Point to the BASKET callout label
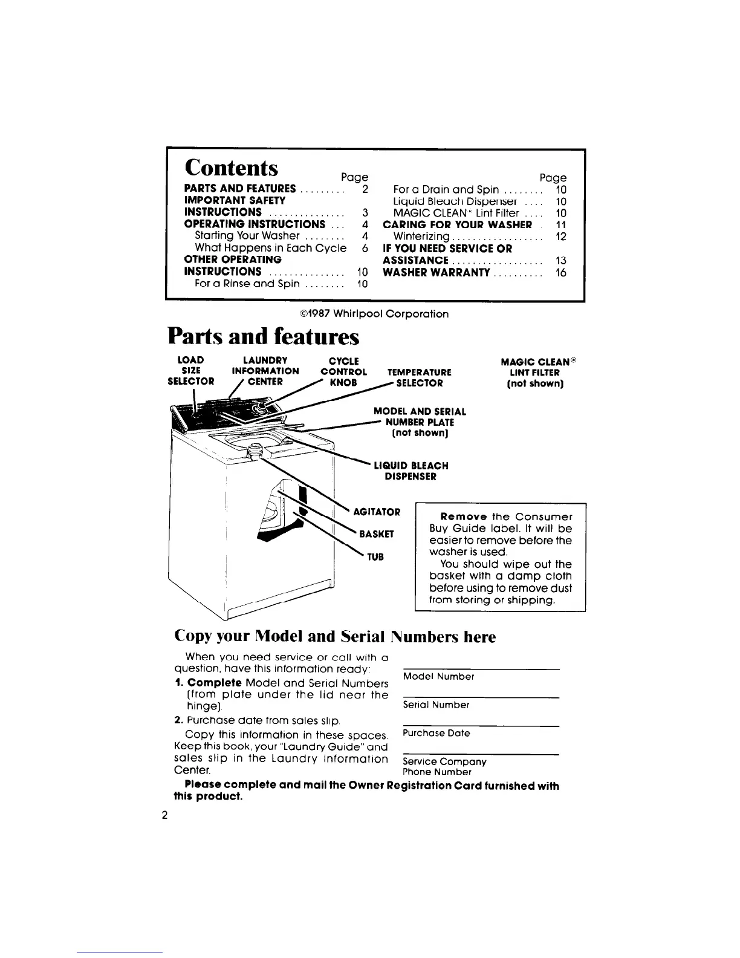(x=376, y=534)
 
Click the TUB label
(x=375, y=556)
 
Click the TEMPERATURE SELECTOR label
(x=419, y=377)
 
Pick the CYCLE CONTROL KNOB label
(x=343, y=371)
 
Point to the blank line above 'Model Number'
(x=480, y=668)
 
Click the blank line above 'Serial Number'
(x=480, y=697)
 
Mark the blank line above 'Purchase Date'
(x=480, y=726)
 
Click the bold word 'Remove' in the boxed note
(x=464, y=516)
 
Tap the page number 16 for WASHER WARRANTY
(x=561, y=273)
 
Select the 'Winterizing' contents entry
(x=421, y=236)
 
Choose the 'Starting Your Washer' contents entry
(x=247, y=236)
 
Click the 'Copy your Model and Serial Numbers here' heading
(x=334, y=636)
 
